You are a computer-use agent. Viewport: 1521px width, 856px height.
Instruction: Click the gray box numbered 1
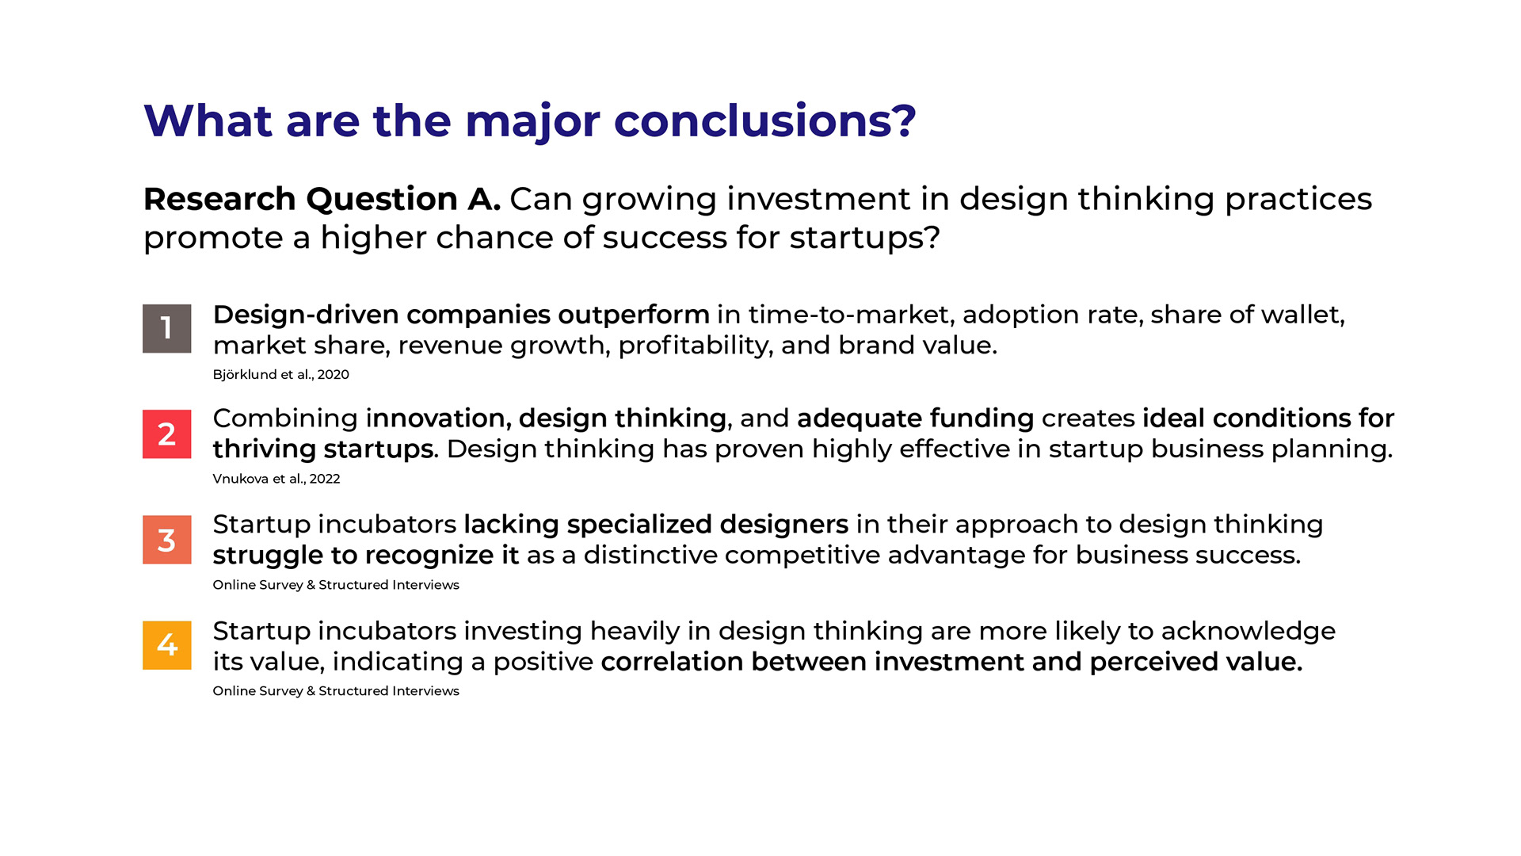tap(166, 328)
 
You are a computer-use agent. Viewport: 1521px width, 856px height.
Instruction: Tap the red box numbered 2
tap(166, 434)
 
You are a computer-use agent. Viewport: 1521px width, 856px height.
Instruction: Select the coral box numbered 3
tap(166, 540)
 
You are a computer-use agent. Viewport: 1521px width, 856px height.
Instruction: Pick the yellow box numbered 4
tap(166, 645)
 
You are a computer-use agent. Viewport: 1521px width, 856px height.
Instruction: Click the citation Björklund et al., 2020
tap(280, 374)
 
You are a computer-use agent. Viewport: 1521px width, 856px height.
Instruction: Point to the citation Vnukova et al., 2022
tap(276, 479)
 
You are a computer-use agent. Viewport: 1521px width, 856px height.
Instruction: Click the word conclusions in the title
tap(764, 121)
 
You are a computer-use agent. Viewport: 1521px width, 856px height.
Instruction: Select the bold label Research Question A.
tap(322, 199)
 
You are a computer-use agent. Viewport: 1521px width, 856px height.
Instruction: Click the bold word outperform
tap(634, 315)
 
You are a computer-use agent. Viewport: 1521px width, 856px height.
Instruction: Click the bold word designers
tap(784, 525)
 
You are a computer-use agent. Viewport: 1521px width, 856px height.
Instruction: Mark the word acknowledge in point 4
tap(1248, 632)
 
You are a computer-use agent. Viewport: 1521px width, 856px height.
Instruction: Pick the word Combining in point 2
tap(285, 419)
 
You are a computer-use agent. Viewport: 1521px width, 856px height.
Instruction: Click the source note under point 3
tap(336, 585)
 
